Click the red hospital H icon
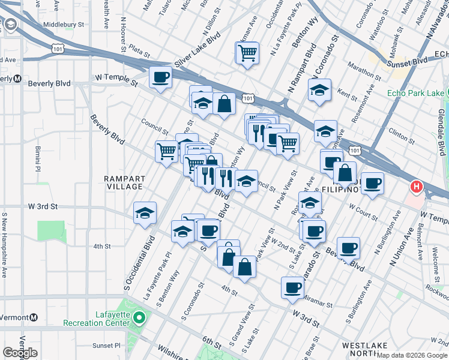tap(415, 188)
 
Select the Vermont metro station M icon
tap(34, 317)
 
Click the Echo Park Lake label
tap(415, 93)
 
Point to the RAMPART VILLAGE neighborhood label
tap(124, 182)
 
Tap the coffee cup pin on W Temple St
tap(160, 77)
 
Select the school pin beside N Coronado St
tap(320, 90)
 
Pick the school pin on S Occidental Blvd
tap(145, 214)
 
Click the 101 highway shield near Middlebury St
tap(56, 46)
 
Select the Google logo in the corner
tap(20, 353)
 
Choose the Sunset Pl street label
tap(106, 346)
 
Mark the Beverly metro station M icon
tap(18, 79)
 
